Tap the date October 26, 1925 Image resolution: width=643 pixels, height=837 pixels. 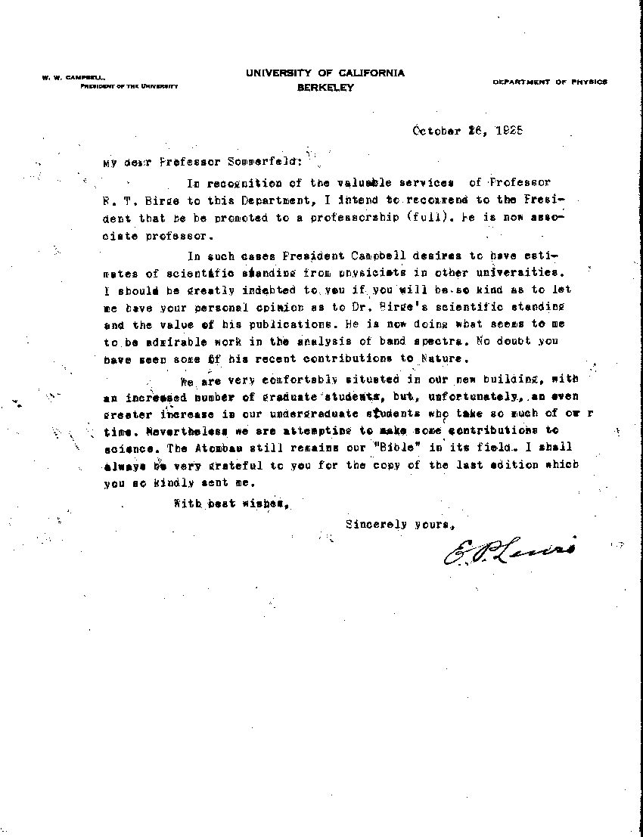(467, 129)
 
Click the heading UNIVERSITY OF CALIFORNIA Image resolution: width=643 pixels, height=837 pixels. (325, 73)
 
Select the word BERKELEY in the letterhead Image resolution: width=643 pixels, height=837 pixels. (325, 88)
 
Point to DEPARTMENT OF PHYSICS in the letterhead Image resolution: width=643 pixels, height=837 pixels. (549, 82)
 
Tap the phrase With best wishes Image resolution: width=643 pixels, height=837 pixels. (231, 503)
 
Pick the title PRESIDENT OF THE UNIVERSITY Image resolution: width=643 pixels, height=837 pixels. (129, 86)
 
